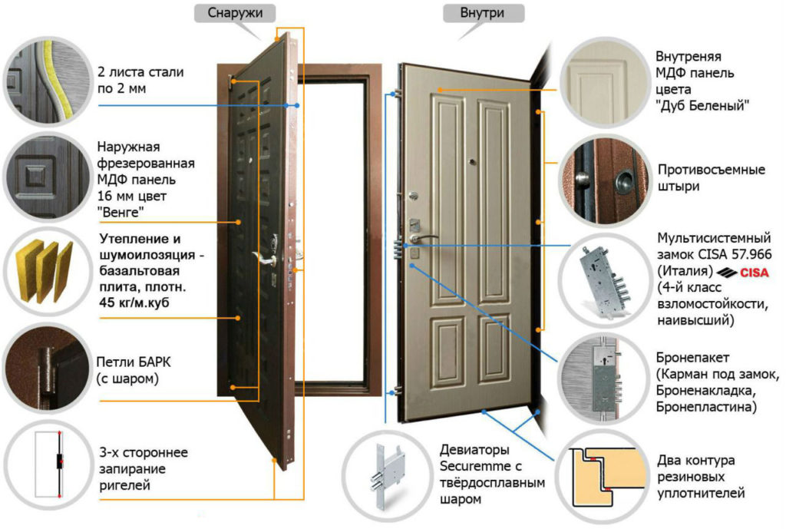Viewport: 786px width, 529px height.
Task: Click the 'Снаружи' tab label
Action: pos(229,13)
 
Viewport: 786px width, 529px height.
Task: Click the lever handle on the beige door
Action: pos(427,238)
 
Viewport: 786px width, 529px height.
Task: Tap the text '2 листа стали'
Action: pos(141,73)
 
